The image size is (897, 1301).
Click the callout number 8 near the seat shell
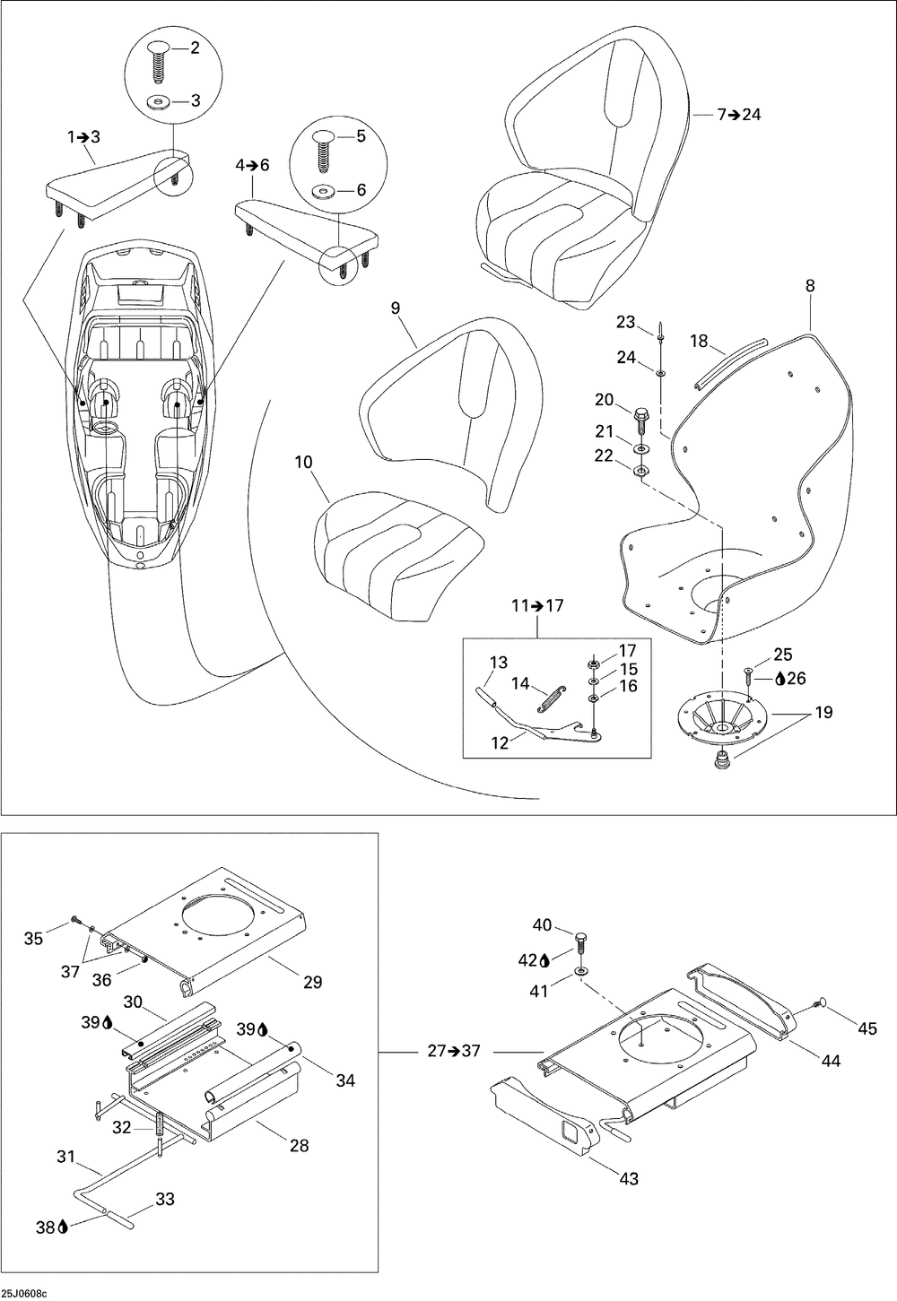810,286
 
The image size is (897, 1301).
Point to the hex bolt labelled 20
641,418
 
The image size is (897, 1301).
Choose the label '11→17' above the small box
537,605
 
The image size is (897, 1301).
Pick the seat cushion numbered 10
395,556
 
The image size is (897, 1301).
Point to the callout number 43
629,1178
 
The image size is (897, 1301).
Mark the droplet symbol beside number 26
780,679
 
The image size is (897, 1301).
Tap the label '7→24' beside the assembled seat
738,115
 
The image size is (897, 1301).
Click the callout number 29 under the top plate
312,982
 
